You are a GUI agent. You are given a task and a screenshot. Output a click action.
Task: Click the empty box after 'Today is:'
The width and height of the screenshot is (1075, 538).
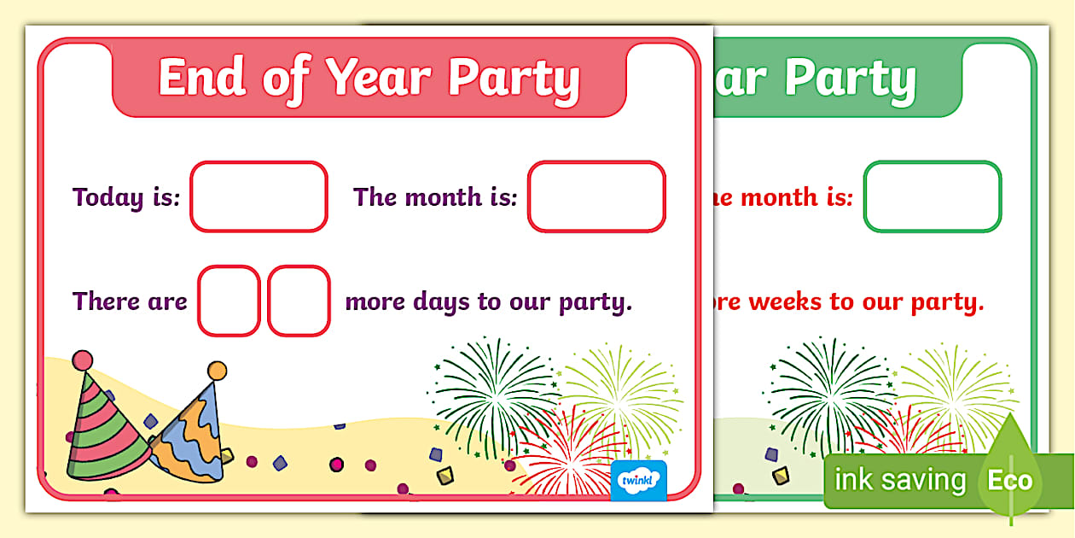point(259,196)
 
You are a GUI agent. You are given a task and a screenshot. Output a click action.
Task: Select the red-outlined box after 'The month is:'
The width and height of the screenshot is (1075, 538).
point(596,196)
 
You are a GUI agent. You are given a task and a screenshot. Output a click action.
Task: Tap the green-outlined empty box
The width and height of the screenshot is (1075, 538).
point(932,196)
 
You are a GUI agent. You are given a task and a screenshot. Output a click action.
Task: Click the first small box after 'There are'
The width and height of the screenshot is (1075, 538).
point(229,301)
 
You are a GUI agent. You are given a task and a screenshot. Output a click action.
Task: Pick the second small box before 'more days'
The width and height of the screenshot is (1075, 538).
point(299,301)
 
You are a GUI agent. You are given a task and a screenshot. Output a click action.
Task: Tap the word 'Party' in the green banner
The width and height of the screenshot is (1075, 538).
point(851,79)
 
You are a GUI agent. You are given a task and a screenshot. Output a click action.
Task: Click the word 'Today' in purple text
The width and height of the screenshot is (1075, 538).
point(107,198)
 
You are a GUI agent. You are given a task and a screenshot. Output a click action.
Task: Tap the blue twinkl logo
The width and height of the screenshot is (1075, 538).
point(639,480)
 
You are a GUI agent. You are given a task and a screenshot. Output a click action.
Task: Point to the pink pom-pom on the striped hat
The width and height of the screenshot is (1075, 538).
point(82,360)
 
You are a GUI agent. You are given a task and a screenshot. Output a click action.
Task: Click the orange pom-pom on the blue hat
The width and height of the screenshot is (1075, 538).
point(217,371)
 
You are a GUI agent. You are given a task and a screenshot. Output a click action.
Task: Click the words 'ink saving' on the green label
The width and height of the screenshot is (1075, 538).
point(899,481)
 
